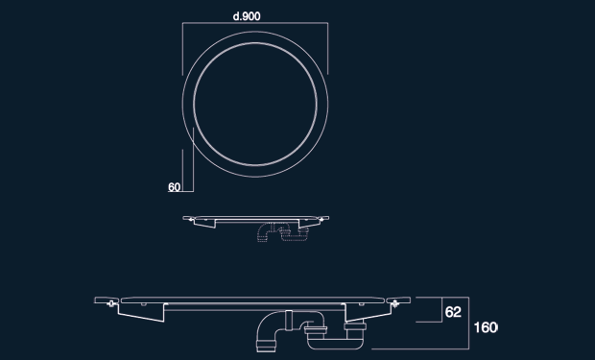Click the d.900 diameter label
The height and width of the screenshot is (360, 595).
pyautogui.click(x=247, y=16)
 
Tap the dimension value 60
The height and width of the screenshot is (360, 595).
pyautogui.click(x=174, y=187)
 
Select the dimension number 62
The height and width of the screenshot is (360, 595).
pyautogui.click(x=453, y=312)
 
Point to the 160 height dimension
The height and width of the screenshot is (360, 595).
pyautogui.click(x=486, y=327)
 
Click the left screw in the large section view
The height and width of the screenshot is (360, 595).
pyautogui.click(x=111, y=303)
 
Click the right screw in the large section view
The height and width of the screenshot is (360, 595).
pyautogui.click(x=394, y=303)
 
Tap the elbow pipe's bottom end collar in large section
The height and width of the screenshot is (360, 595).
pyautogui.click(x=266, y=346)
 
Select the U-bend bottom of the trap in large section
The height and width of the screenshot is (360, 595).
pyautogui.click(x=335, y=344)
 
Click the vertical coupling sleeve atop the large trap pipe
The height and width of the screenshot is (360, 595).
pyautogui.click(x=289, y=321)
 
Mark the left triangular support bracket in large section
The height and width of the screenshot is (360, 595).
pyautogui.click(x=141, y=312)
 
